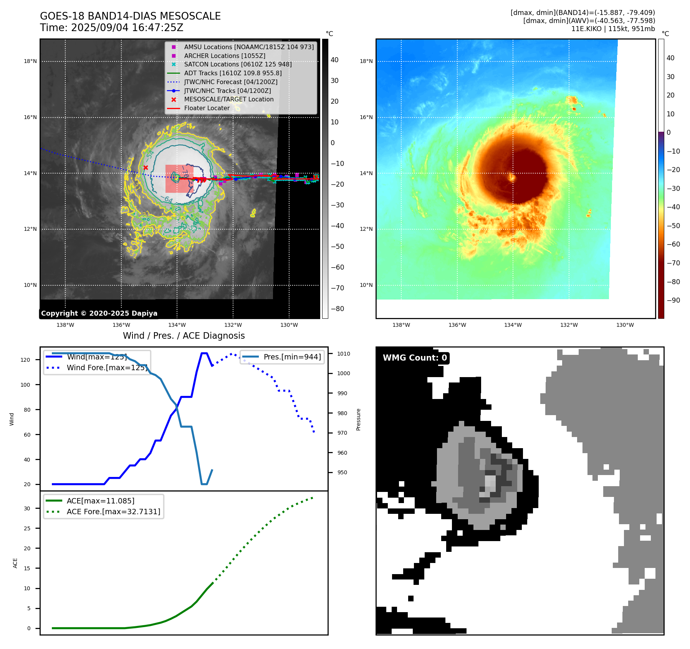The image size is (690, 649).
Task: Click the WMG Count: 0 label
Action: click(x=415, y=358)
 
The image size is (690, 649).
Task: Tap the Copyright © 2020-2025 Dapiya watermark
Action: click(x=99, y=313)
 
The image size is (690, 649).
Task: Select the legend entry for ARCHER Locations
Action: click(x=224, y=56)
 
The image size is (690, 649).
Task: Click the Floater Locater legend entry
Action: click(x=207, y=108)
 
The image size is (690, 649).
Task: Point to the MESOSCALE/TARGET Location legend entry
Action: click(x=228, y=99)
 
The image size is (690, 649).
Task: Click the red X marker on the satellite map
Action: click(x=146, y=167)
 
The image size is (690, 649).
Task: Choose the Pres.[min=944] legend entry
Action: click(x=292, y=357)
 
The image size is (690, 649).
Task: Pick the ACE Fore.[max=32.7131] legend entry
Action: click(x=113, y=512)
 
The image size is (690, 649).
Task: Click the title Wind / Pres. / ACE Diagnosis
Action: click(x=184, y=336)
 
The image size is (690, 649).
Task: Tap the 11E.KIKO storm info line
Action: click(x=613, y=29)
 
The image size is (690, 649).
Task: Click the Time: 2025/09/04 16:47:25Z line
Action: click(x=111, y=28)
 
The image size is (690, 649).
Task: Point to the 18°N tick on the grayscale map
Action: click(x=30, y=61)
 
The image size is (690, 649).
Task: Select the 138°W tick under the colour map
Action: click(x=401, y=325)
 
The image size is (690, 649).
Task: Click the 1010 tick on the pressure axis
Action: click(x=344, y=354)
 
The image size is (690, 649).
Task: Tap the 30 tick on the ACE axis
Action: click(x=27, y=508)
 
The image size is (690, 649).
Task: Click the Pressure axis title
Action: click(x=358, y=419)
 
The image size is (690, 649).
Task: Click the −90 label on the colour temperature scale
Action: click(x=673, y=300)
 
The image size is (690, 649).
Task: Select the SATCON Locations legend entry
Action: click(x=238, y=65)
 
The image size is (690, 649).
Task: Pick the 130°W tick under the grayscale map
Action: click(x=289, y=325)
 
